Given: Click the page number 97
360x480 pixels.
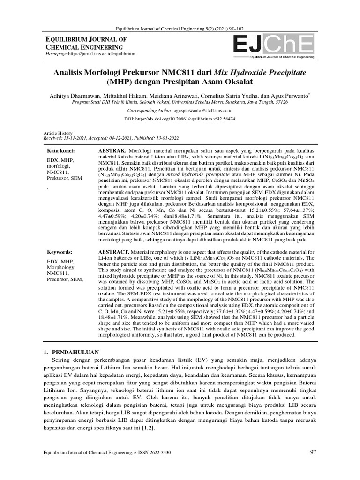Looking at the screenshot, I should pos(314,452).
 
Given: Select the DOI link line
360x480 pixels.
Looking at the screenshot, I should pos(180,120).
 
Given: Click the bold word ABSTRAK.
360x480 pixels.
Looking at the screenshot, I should pos(110,151).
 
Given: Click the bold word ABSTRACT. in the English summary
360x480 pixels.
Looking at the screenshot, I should pos(112,252).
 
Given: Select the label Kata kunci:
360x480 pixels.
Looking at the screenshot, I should pos(60,151).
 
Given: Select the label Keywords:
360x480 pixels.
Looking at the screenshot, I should pos(60,252).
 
